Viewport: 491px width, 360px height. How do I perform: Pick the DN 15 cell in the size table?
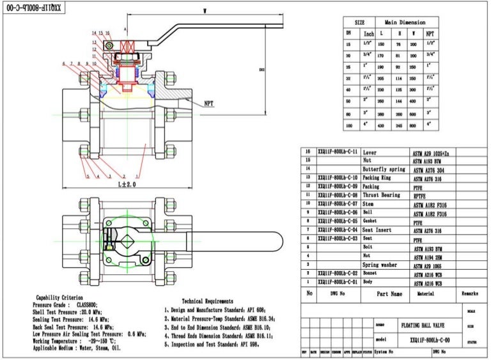coord(348,44)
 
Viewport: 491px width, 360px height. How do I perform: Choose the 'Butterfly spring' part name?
coord(384,169)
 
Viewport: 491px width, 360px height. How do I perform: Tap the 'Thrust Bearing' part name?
coord(381,195)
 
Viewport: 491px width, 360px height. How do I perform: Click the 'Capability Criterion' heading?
coord(59,297)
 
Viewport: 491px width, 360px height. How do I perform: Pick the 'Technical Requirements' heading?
coord(207,301)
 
